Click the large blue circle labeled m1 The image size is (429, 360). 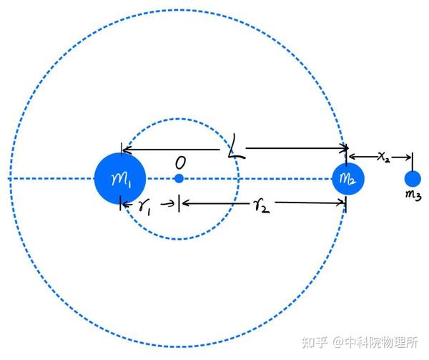point(120,178)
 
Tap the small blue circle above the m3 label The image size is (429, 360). point(413,178)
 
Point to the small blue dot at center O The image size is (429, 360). point(179,178)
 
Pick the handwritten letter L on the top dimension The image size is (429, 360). point(234,150)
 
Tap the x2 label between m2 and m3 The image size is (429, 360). point(383,156)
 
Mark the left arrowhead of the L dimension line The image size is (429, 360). point(125,150)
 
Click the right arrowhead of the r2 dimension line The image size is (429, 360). point(342,204)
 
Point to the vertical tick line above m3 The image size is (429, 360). point(413,160)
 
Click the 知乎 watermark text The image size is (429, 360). point(315,341)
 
